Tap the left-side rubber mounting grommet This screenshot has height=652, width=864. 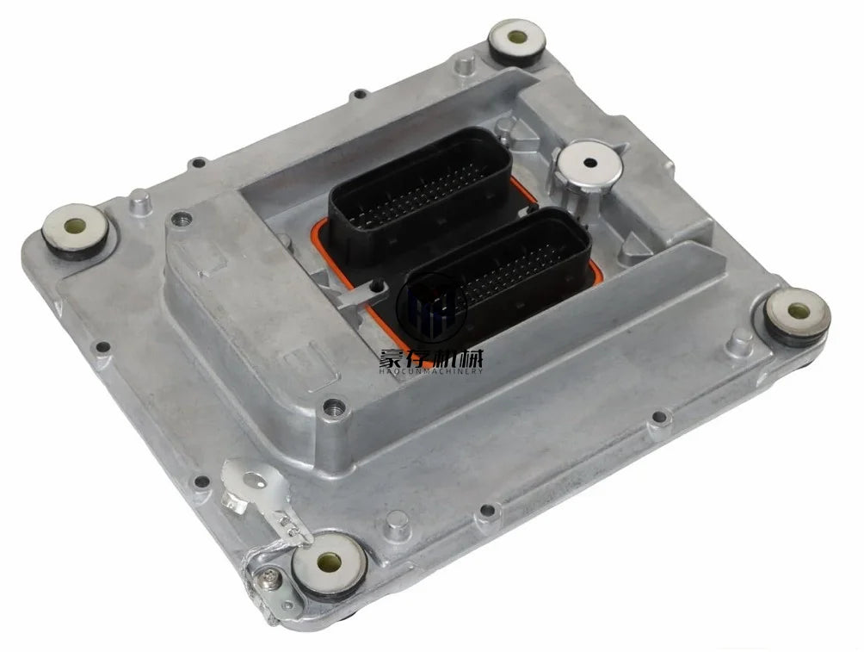pos(76,229)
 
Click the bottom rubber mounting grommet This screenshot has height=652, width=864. pos(329,563)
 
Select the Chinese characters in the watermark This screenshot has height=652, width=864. pos(430,358)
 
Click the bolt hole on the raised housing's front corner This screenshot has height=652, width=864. pos(334,407)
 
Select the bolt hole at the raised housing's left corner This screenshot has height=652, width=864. pos(179,219)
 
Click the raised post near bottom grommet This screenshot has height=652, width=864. pos(397,524)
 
